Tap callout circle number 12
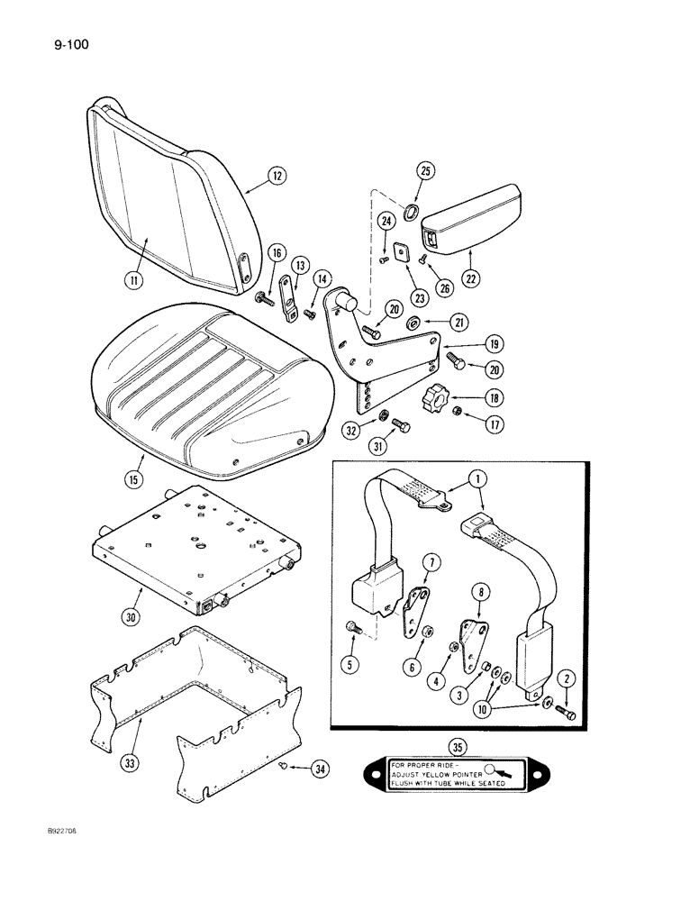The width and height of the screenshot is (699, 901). pyautogui.click(x=277, y=177)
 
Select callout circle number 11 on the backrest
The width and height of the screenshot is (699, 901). pyautogui.click(x=134, y=280)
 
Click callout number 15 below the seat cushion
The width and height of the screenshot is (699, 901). pyautogui.click(x=134, y=479)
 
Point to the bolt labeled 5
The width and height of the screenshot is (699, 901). pyautogui.click(x=352, y=627)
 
